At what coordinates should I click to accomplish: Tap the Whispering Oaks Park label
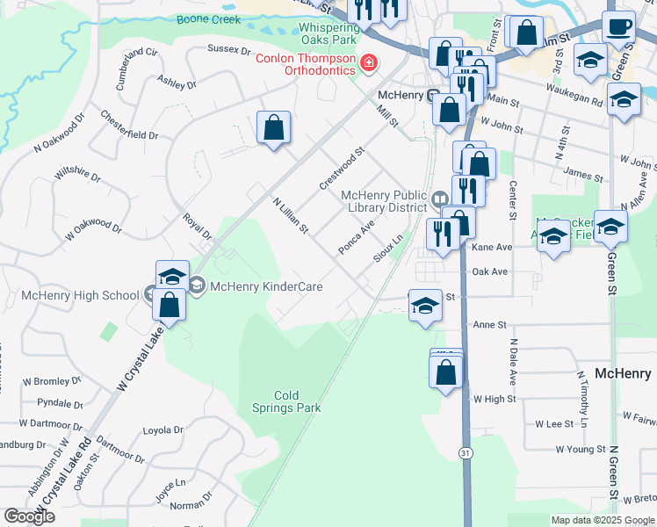coord(328,33)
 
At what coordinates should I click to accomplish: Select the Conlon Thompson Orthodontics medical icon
coord(368,61)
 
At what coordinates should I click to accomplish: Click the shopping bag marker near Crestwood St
coord(274,127)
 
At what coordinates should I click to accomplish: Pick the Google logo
coord(29,516)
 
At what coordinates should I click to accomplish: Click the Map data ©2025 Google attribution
coord(603,520)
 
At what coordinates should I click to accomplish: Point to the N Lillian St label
coord(290,216)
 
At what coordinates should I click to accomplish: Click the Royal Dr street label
coord(197,226)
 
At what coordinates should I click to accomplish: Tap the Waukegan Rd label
coord(573,101)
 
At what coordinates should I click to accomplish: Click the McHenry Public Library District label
coord(384,201)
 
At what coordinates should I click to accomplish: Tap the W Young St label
coord(581,449)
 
